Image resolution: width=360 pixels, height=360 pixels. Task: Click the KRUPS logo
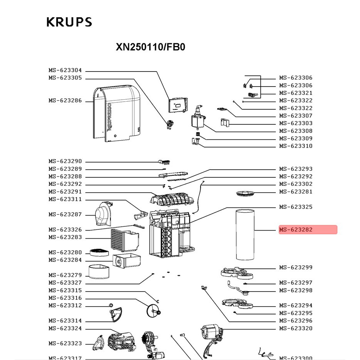point(69,22)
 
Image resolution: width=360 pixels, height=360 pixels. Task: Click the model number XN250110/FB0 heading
point(151,47)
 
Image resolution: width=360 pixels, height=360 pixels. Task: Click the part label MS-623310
point(296,146)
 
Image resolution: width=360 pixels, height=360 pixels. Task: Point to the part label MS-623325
point(296,207)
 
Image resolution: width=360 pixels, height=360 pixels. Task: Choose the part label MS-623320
point(296,328)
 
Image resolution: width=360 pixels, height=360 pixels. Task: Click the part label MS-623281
point(296,192)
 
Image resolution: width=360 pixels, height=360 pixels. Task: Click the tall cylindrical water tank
point(245,234)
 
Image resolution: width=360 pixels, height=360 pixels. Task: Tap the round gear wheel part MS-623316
point(153,310)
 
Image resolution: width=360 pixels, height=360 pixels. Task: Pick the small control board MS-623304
point(177,104)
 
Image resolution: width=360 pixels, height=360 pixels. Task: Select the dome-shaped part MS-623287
point(103,214)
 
